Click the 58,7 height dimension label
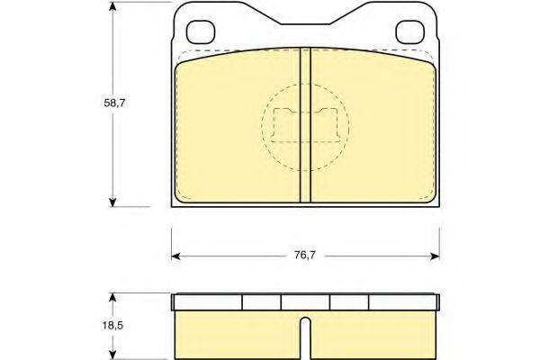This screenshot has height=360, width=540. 114,103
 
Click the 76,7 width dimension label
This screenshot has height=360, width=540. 305,256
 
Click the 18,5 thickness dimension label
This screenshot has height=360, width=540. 112,325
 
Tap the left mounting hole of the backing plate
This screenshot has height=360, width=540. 201,32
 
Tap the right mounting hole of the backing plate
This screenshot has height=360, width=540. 409,32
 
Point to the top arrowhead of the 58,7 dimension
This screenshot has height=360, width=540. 112,6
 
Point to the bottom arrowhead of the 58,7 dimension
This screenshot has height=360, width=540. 112,202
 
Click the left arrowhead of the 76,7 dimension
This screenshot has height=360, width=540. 176,256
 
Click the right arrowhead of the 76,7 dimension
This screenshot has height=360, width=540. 435,256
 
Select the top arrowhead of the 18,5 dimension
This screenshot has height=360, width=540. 112,298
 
